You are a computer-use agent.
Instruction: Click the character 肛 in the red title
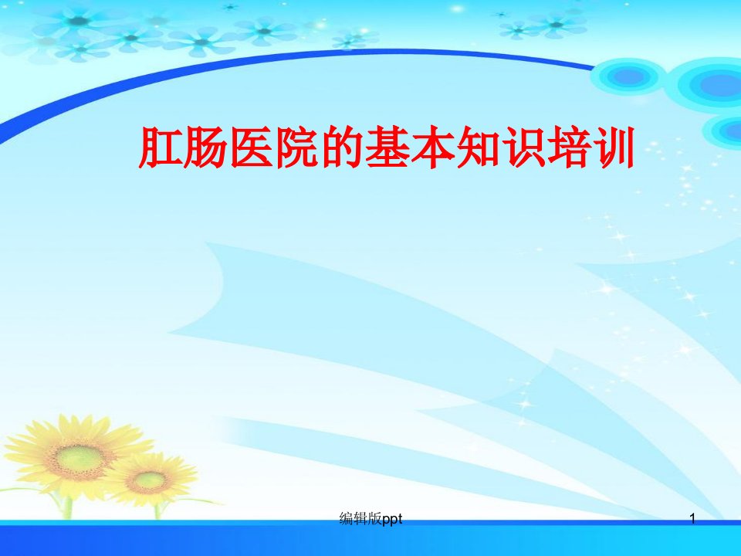click(x=161, y=147)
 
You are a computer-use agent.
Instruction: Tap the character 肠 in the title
click(x=206, y=147)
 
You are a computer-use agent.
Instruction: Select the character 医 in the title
click(x=252, y=147)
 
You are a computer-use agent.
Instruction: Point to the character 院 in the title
click(x=296, y=147)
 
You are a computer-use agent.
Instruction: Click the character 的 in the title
click(x=342, y=147)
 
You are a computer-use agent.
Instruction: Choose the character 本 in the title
click(x=432, y=147)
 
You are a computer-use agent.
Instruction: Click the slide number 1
click(x=693, y=519)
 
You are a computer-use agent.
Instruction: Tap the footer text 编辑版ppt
click(x=371, y=519)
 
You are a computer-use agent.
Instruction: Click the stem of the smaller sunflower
click(x=157, y=511)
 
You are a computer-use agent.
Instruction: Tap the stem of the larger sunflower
click(x=68, y=506)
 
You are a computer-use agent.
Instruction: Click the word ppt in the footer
click(x=392, y=520)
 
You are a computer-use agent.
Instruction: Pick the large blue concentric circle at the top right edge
click(x=709, y=85)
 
